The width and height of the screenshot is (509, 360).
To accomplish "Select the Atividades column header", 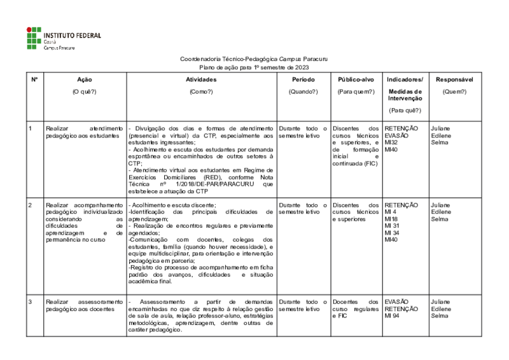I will click(x=201, y=80).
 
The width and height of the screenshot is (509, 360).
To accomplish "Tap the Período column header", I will click(x=303, y=80).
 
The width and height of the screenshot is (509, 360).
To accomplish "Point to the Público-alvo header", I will click(x=355, y=80).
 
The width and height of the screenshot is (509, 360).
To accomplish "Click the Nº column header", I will click(x=34, y=80).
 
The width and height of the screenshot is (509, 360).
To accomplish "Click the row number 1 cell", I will click(x=31, y=128).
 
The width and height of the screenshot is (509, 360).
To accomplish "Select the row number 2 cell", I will click(x=31, y=205).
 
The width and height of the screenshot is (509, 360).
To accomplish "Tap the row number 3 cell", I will click(x=31, y=301).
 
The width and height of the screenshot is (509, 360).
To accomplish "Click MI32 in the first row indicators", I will click(x=391, y=142).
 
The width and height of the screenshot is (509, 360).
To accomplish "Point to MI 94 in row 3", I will click(x=392, y=315).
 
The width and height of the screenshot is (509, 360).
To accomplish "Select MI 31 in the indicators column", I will click(x=392, y=226).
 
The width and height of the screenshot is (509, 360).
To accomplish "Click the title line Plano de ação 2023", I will click(x=254, y=67).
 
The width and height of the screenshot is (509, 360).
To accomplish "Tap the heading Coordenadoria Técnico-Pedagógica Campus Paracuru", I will click(x=254, y=59).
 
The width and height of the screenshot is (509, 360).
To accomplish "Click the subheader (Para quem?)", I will click(x=355, y=92).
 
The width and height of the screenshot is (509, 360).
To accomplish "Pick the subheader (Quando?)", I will click(x=303, y=92).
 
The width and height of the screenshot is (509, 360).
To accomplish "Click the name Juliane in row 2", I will click(x=440, y=205).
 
